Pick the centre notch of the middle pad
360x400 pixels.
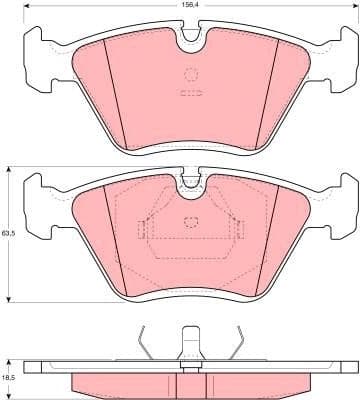[190, 183]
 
